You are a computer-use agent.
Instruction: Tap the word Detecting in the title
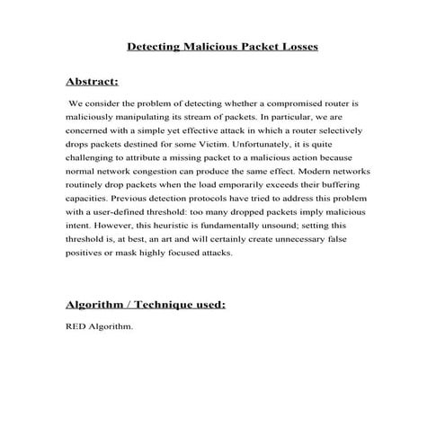(156, 45)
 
